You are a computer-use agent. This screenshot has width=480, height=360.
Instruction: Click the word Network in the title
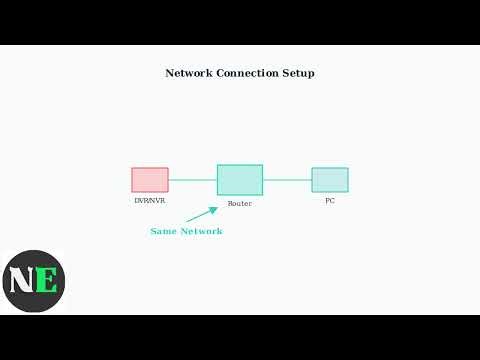pos(188,73)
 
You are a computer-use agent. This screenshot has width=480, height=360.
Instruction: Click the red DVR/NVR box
pos(150,180)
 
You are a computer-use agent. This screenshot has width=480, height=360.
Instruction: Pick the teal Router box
pos(240,180)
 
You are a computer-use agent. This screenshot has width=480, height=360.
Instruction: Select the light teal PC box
pos(330,180)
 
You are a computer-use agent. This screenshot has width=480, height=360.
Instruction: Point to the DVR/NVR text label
pos(150,200)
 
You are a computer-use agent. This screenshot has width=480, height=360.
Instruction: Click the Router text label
pos(240,203)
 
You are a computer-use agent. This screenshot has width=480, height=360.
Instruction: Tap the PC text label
pos(330,200)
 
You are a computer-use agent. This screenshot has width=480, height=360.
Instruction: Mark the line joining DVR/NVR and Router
pos(193,180)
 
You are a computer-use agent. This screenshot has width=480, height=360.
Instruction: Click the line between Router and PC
pos(287,180)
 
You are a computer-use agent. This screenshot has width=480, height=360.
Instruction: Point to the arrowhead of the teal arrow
pos(214,210)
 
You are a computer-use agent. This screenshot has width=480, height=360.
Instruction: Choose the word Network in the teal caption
pos(201,231)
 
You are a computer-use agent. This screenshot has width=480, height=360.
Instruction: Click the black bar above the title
pos(240,22)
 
